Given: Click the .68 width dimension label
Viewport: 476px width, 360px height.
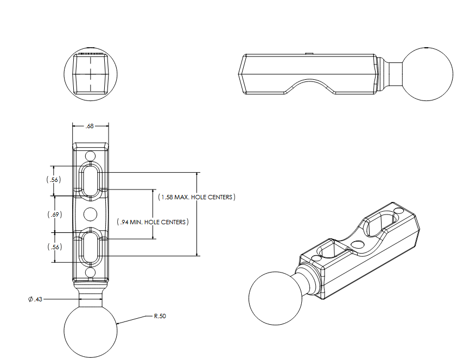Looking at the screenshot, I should [90, 126].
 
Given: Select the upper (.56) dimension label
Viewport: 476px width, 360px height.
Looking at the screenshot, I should [53, 180].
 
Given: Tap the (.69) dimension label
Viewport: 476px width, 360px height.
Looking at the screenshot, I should [53, 214].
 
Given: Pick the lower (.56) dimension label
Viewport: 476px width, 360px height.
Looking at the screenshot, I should [53, 247].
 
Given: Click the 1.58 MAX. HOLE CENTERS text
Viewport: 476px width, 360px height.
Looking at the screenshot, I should [196, 197].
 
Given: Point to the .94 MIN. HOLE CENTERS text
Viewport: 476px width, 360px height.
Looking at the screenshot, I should [153, 222].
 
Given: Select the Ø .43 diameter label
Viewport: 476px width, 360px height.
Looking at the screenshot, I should [36, 299].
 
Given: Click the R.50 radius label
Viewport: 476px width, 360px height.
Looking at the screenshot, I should [160, 316].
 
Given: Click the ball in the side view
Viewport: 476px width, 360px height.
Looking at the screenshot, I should [429, 74].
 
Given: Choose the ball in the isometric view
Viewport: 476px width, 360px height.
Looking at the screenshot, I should [275, 298].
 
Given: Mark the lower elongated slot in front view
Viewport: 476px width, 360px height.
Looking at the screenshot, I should [91, 247].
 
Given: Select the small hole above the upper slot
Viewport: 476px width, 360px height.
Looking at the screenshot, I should [91, 156].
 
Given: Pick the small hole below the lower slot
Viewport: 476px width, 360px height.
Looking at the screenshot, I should [91, 271].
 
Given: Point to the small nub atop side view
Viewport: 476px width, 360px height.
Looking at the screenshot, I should [308, 53].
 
